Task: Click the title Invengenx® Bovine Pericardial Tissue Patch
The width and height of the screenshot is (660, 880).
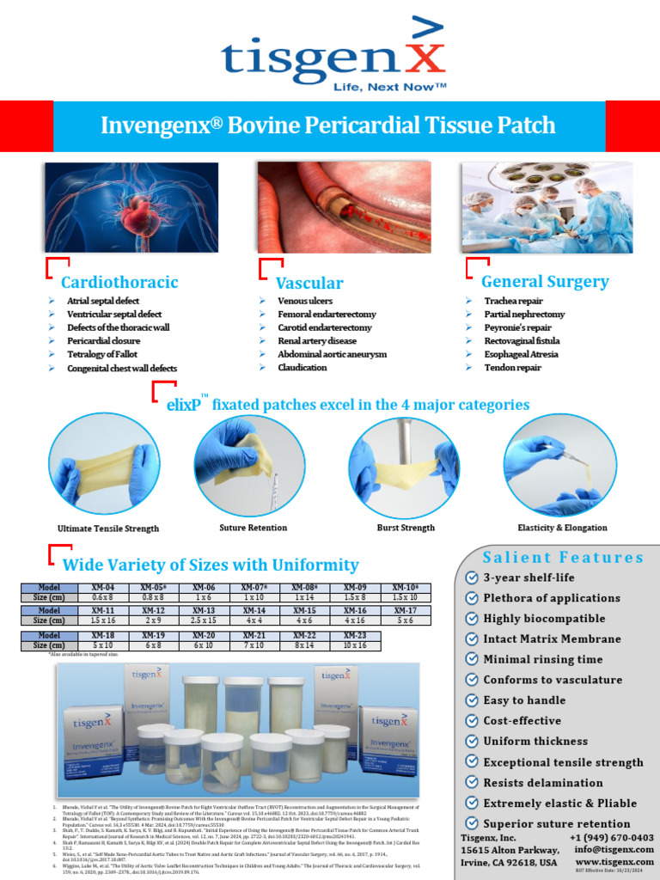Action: point(328,125)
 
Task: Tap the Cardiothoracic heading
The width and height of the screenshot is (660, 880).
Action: point(119,282)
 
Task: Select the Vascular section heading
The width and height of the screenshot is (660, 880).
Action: point(309,283)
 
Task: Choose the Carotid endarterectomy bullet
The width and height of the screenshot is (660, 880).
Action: point(324,327)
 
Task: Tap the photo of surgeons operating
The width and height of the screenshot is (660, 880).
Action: point(547,207)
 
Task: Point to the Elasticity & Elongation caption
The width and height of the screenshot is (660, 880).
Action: point(562,528)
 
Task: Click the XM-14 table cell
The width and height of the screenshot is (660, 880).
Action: point(254,610)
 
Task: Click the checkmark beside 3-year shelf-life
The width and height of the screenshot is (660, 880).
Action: point(471,577)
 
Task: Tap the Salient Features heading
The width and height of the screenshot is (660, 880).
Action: point(562,557)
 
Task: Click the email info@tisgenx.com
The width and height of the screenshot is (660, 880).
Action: point(614,849)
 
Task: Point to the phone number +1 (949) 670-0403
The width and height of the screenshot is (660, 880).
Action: point(611,837)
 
